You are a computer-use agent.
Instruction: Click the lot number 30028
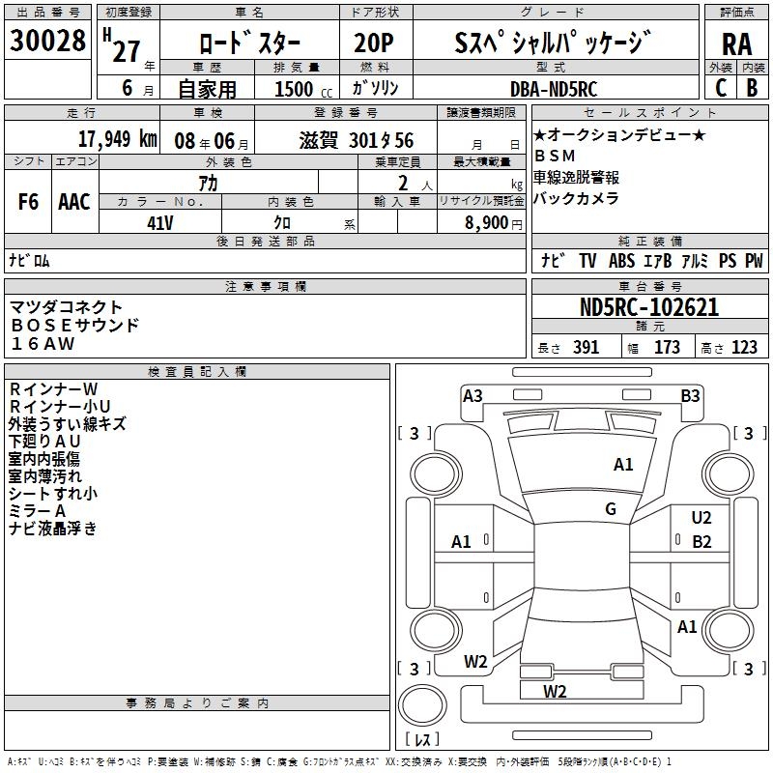(47, 41)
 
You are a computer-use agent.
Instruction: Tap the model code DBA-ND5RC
(554, 88)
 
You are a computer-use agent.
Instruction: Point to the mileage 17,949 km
(117, 138)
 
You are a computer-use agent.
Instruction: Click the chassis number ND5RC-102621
(651, 307)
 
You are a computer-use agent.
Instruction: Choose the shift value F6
(29, 202)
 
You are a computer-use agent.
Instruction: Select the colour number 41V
(160, 223)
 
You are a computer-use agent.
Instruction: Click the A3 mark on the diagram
(472, 395)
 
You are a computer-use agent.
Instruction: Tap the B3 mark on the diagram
(690, 395)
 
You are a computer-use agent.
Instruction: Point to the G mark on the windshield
(611, 509)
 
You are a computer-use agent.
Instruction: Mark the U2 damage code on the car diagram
(701, 519)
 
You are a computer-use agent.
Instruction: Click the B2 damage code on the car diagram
(701, 542)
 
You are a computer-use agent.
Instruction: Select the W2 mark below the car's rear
(555, 692)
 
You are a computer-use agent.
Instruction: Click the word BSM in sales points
(553, 156)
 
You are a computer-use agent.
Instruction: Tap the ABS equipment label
(620, 260)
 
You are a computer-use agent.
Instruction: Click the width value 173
(667, 348)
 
